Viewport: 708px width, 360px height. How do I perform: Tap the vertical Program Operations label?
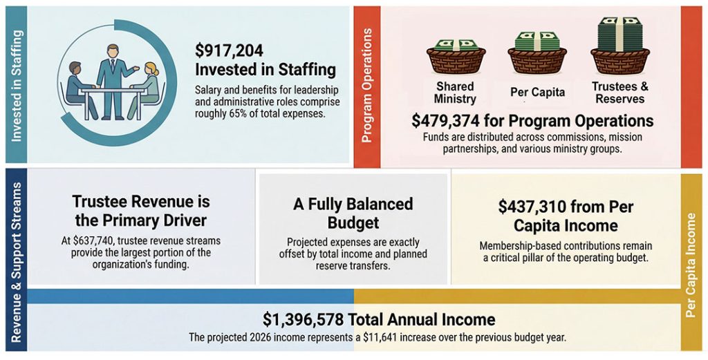366,86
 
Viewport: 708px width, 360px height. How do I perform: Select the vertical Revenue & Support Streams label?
17,263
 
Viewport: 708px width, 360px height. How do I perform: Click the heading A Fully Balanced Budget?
353,214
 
